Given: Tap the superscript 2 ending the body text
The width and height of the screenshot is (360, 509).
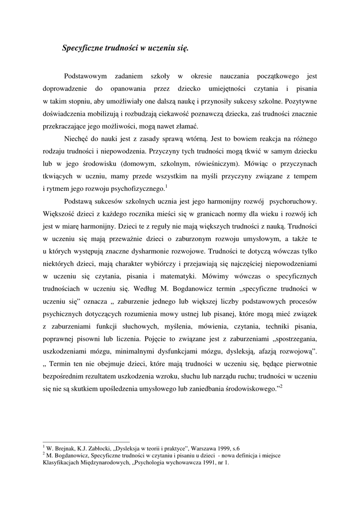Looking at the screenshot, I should click(x=281, y=386).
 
